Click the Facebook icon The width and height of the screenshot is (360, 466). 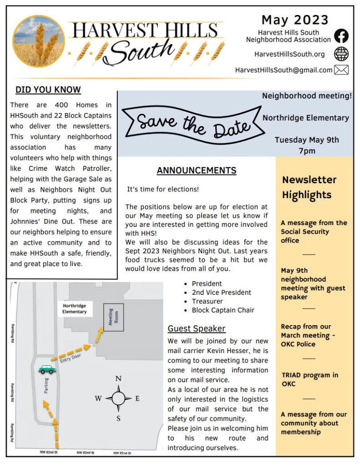click(341, 36)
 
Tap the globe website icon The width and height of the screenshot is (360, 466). click(341, 54)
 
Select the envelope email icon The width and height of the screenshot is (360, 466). click(341, 70)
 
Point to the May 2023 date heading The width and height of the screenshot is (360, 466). click(294, 20)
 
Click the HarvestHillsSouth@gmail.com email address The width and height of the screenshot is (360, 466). click(284, 70)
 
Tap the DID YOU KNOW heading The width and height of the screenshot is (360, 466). click(48, 90)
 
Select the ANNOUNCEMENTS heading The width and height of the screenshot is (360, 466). click(197, 171)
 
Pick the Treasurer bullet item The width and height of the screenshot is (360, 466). click(207, 301)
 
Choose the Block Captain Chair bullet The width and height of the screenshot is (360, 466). click(223, 310)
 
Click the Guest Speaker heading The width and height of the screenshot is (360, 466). click(197, 328)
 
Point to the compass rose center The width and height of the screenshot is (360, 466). click(118, 399)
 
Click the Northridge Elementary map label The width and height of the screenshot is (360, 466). click(75, 308)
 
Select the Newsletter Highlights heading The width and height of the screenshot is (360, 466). click(309, 187)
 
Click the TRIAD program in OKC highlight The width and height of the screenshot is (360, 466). click(309, 379)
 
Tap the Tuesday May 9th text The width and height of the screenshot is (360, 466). click(307, 140)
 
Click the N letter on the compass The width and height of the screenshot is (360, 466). click(118, 379)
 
